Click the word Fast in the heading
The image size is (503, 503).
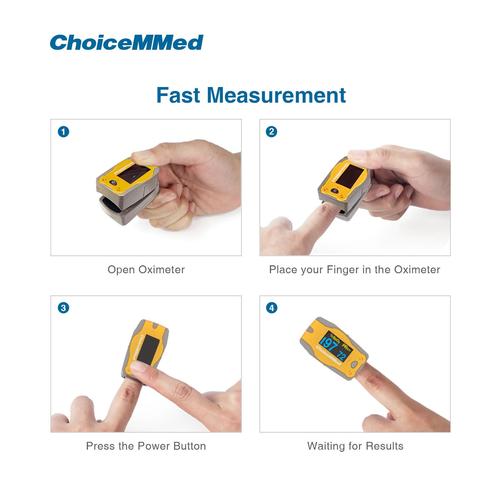(178, 95)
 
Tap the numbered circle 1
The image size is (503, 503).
(64, 132)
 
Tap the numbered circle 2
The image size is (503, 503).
(272, 132)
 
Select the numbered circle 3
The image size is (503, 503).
(64, 308)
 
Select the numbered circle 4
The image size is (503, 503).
(272, 308)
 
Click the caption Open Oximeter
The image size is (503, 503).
(146, 269)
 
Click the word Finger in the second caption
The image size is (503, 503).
(343, 270)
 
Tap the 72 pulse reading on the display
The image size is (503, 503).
(341, 356)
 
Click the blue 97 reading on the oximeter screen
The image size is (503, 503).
(328, 344)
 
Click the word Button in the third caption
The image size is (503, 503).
(190, 446)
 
